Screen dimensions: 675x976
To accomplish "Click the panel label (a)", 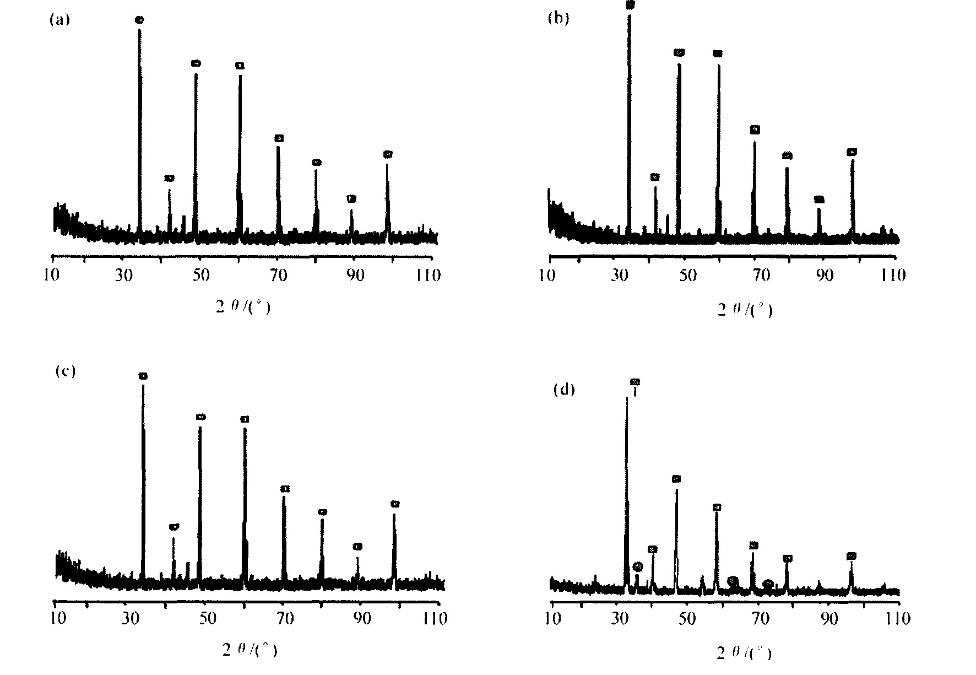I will pyautogui.click(x=59, y=21).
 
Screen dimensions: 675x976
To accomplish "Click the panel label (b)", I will pyautogui.click(x=558, y=19).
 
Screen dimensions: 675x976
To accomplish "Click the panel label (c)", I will pyautogui.click(x=66, y=371).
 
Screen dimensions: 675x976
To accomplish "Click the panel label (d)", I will pyautogui.click(x=563, y=390).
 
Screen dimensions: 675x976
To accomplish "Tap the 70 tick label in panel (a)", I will pyautogui.click(x=279, y=274).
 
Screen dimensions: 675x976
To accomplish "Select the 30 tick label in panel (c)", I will pyautogui.click(x=130, y=619).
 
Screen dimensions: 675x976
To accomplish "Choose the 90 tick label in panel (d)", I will pyautogui.click(x=829, y=619).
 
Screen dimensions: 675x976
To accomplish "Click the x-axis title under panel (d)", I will pyautogui.click(x=744, y=654).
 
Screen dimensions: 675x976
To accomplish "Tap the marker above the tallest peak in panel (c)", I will pyautogui.click(x=143, y=376).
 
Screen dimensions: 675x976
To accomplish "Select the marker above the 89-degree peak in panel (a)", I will pyautogui.click(x=351, y=199).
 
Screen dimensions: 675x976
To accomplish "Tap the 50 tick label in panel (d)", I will pyautogui.click(x=687, y=619).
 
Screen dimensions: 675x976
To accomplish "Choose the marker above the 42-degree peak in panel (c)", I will pyautogui.click(x=174, y=527).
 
